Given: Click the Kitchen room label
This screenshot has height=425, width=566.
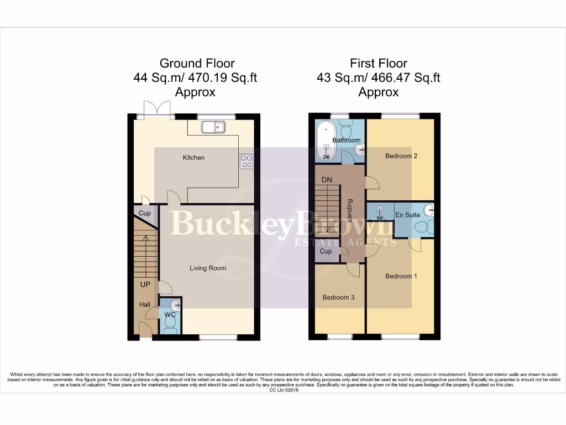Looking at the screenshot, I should [193, 158].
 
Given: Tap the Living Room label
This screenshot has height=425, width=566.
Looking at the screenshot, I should [208, 268].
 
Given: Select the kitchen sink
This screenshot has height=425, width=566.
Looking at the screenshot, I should [213, 128].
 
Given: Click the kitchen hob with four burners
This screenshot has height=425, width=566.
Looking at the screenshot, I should [246, 160].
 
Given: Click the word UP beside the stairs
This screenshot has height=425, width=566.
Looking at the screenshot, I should [145, 284].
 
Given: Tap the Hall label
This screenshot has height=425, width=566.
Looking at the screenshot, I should [144, 304].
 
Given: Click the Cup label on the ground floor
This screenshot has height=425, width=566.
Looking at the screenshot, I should [145, 213].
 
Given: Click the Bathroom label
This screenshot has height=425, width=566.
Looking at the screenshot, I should [347, 141].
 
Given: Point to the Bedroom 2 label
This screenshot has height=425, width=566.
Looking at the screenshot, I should [401, 156].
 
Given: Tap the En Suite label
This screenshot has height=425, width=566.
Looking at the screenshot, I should [407, 215].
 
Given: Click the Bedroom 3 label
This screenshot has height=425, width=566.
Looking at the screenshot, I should [338, 297].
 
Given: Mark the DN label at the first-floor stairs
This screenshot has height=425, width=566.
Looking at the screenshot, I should [327, 179].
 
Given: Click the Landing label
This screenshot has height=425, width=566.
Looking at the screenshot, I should [349, 211].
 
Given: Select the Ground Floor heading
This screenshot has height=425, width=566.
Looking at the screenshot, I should [197, 64].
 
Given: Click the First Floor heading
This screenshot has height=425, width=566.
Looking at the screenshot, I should [378, 64].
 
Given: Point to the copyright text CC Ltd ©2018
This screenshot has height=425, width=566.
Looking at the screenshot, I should [283, 390].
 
